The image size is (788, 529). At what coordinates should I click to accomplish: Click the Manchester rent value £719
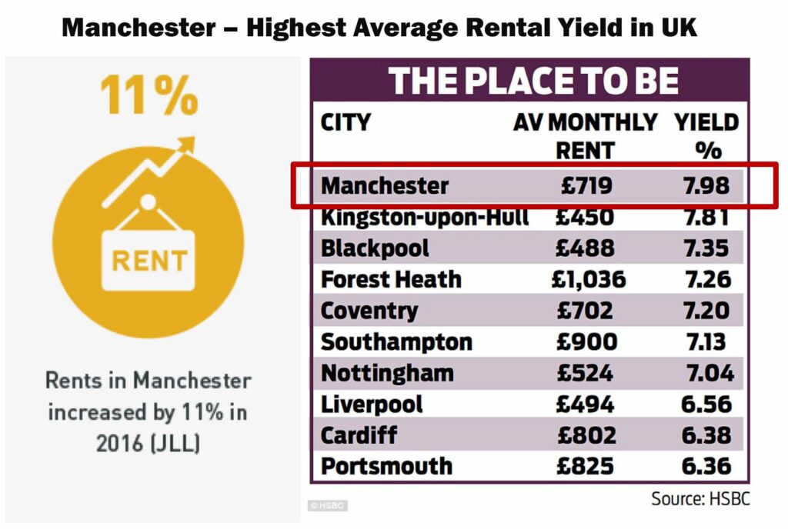(586, 186)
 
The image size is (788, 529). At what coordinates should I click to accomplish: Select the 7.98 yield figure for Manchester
(706, 186)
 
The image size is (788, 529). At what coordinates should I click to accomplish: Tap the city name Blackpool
(375, 248)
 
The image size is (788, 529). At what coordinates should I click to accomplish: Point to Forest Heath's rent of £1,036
(589, 280)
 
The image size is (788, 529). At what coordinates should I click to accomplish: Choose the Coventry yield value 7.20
(706, 311)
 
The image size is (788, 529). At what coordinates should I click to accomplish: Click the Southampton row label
(396, 343)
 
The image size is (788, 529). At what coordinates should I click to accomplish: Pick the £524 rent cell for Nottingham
(585, 373)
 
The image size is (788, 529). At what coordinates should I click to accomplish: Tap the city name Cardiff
(359, 435)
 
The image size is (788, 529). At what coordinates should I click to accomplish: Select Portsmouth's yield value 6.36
(706, 466)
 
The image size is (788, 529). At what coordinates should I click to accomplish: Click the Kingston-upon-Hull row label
(425, 218)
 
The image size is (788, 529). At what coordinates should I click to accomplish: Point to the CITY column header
(346, 122)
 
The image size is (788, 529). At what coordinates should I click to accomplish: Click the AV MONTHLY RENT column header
(586, 136)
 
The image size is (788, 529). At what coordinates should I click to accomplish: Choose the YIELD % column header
(706, 136)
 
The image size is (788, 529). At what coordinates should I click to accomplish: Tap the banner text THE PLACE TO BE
(533, 81)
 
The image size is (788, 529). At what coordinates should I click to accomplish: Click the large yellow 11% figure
(149, 95)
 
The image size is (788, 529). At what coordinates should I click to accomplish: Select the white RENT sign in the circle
(149, 261)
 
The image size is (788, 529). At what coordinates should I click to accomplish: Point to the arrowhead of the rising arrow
(186, 145)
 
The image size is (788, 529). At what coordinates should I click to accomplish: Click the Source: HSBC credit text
(700, 499)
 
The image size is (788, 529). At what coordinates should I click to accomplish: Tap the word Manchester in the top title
(139, 27)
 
